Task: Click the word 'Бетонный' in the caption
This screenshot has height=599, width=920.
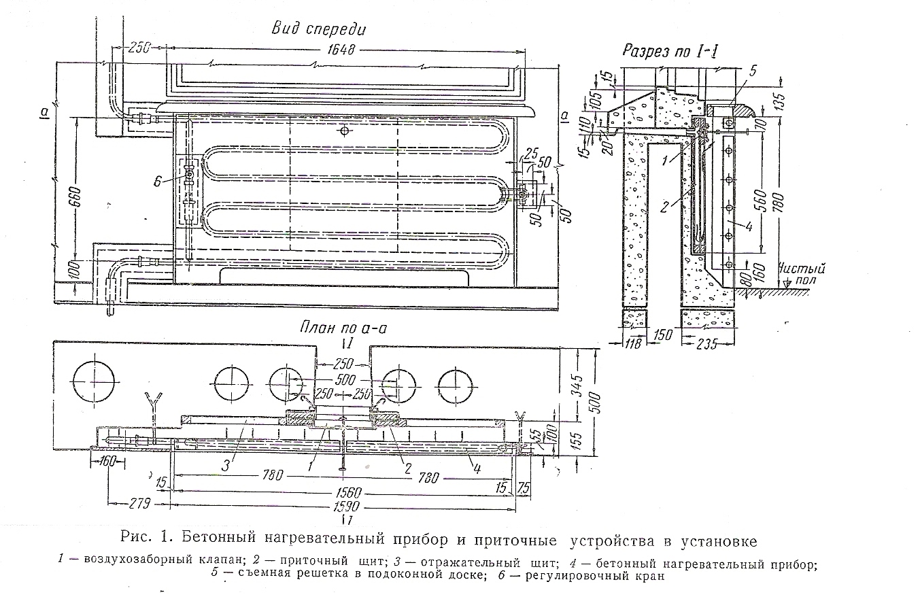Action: pyautogui.click(x=208, y=541)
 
